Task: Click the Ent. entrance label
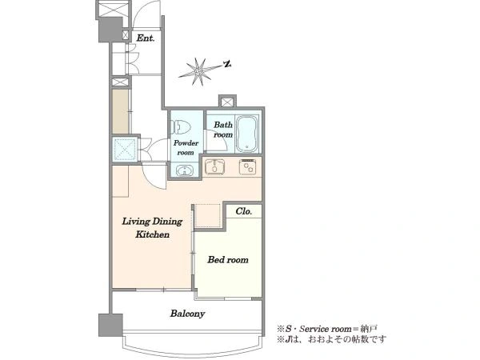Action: (145, 38)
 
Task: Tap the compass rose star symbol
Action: (198, 71)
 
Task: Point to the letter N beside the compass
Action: (227, 64)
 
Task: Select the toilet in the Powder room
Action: (181, 127)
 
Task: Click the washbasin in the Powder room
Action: (185, 170)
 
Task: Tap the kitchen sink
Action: (215, 167)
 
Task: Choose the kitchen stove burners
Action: (248, 167)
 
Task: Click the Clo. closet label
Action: (244, 211)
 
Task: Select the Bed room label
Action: (228, 260)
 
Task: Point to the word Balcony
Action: (187, 314)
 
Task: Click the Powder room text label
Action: (186, 147)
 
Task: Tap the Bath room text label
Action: (223, 130)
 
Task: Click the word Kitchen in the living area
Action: (153, 234)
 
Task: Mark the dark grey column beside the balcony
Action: (110, 325)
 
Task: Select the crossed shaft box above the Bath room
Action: (227, 102)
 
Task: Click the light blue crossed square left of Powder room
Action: (125, 150)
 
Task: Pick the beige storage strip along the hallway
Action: (120, 111)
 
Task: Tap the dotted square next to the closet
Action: (208, 216)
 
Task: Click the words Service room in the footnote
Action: (326, 329)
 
